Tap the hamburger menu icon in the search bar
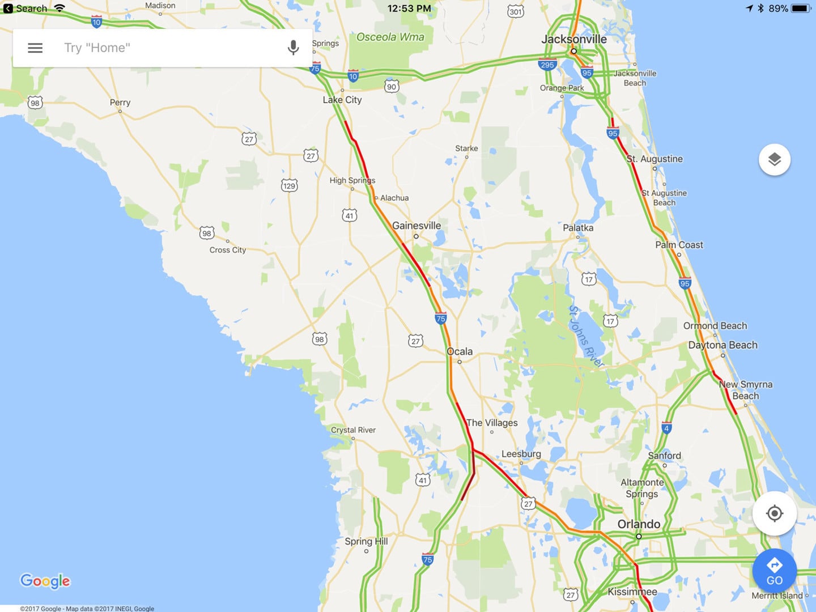(35, 48)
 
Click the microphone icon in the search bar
(293, 48)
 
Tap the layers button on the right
(774, 160)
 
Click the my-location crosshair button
(774, 513)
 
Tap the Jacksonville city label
(573, 39)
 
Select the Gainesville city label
(416, 226)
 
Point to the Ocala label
(460, 351)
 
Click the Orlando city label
(639, 524)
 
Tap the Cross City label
(227, 250)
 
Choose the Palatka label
(578, 228)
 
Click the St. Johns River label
(585, 336)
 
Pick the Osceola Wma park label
(390, 37)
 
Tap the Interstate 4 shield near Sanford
(666, 428)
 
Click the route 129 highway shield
(289, 186)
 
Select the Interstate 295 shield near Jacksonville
(547, 65)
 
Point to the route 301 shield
(515, 11)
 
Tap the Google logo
(45, 581)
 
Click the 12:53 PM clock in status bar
(409, 8)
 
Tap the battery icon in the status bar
(801, 8)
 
